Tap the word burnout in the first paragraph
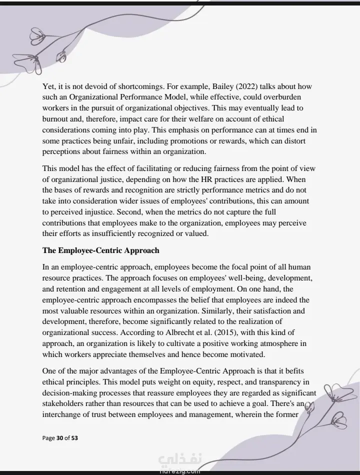(x=57, y=119)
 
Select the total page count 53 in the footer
(x=74, y=438)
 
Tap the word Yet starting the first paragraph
(x=49, y=86)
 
